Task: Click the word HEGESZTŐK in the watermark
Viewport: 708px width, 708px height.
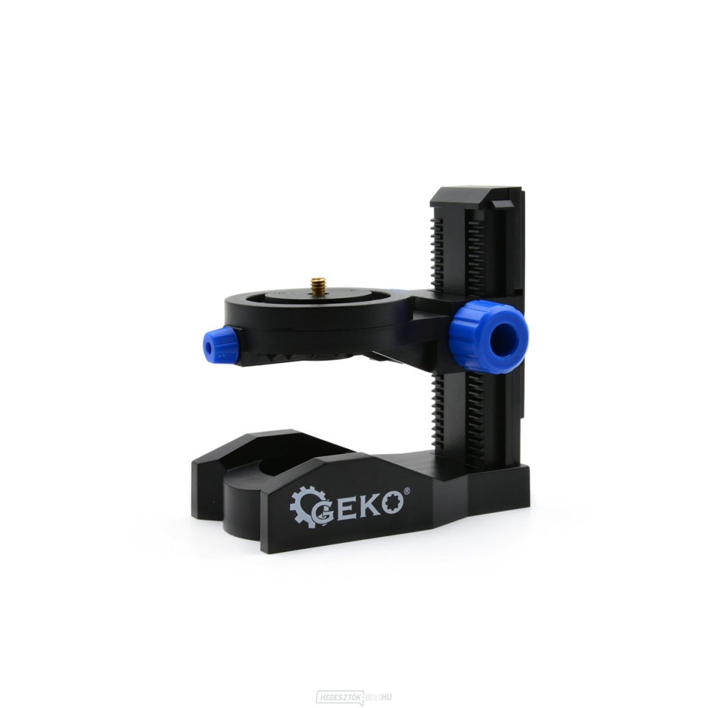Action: [339, 696]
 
